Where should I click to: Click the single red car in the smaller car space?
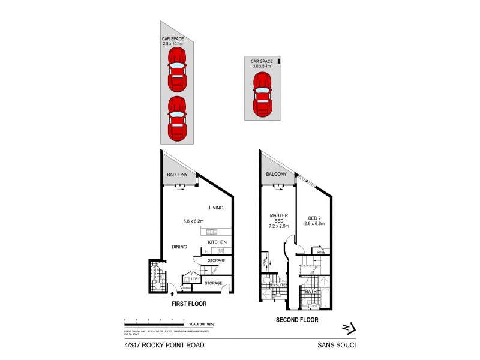(x=265, y=95)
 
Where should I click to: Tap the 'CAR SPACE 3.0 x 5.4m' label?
(x=262, y=64)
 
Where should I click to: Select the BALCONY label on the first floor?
(x=177, y=175)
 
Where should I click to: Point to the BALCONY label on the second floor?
(x=277, y=175)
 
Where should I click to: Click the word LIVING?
(x=216, y=208)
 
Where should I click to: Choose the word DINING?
(x=179, y=247)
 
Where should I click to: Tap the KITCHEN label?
(x=217, y=242)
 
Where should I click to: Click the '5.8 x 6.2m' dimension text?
(x=194, y=221)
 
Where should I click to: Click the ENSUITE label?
(x=277, y=284)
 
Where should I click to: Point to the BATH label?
(x=310, y=292)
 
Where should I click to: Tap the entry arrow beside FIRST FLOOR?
(x=173, y=294)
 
